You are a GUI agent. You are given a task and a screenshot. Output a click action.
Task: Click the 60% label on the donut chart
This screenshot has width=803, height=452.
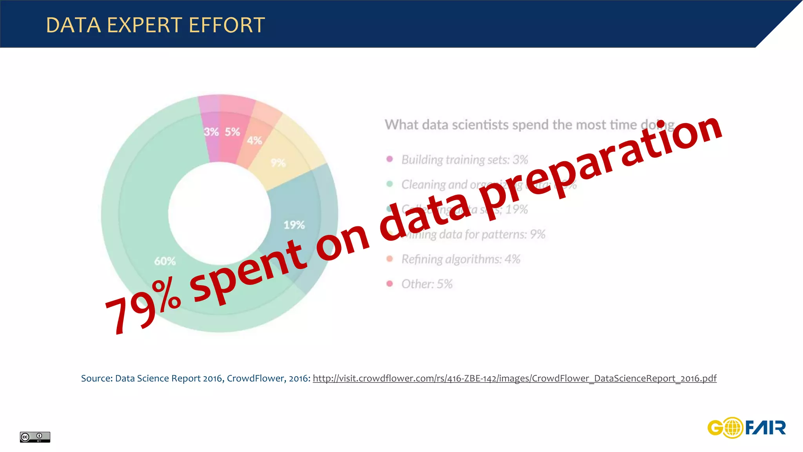tap(165, 261)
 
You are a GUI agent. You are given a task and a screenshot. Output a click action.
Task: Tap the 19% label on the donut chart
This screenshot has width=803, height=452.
tap(294, 225)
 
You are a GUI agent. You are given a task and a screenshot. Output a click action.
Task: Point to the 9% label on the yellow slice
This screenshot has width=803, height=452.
tap(278, 163)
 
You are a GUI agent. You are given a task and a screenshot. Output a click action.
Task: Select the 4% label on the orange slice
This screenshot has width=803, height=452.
tap(254, 140)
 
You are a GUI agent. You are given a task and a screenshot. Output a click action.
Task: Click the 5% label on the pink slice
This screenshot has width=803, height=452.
tap(232, 132)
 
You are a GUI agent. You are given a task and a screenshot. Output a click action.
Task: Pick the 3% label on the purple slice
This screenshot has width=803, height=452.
tap(211, 132)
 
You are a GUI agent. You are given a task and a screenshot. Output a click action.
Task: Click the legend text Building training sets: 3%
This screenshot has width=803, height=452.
tap(465, 160)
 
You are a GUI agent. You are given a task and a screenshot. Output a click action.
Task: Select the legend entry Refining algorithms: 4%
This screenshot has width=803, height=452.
tap(461, 259)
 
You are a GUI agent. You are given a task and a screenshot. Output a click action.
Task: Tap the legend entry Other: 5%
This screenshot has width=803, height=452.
tap(427, 284)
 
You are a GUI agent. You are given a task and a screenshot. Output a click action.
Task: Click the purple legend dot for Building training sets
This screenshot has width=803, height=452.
tap(389, 159)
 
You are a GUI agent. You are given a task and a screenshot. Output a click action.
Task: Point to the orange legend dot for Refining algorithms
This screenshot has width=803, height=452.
tap(389, 259)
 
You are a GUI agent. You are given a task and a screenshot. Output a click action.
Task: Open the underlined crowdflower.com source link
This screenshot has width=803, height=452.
tap(514, 379)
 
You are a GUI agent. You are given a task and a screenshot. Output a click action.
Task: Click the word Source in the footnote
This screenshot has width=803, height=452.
tap(96, 379)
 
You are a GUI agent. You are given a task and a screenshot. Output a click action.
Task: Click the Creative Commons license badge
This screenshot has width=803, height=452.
tap(35, 437)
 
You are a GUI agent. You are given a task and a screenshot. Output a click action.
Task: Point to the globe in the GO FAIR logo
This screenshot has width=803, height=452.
tap(732, 428)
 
